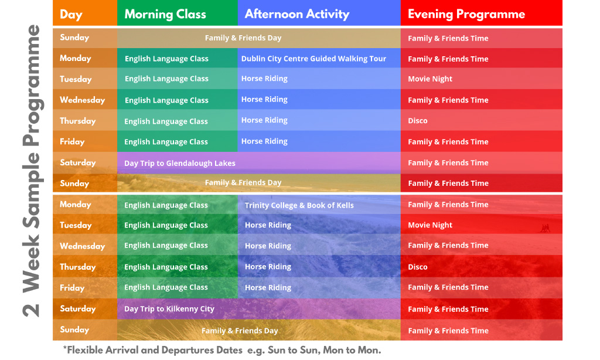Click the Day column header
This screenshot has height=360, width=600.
pos(71,15)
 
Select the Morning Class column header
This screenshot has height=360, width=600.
pos(165,14)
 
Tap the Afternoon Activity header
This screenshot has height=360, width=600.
pos(297,14)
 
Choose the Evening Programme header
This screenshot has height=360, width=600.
pos(466,14)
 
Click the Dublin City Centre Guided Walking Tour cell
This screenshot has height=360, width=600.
pos(313,59)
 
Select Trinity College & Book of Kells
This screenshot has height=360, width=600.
pos(299,205)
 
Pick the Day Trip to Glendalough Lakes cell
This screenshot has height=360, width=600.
pos(180,163)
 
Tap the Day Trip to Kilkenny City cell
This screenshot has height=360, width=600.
pos(169,309)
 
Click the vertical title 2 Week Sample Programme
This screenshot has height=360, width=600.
pos(32,171)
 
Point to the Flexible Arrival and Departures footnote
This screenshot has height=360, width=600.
pos(222,350)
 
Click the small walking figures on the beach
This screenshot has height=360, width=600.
pos(546,228)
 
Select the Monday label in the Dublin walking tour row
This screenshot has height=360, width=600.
pos(76,58)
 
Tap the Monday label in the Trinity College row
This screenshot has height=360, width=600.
pos(76,205)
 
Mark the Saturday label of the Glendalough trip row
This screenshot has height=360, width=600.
pos(78,162)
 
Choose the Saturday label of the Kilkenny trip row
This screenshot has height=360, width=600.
pos(78,308)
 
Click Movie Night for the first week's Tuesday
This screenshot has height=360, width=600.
pos(430,79)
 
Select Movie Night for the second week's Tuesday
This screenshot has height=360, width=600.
pos(430,225)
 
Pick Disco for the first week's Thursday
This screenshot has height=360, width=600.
pos(417,121)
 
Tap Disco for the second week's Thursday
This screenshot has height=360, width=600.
pos(417,267)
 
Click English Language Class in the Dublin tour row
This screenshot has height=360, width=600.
pos(166,59)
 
